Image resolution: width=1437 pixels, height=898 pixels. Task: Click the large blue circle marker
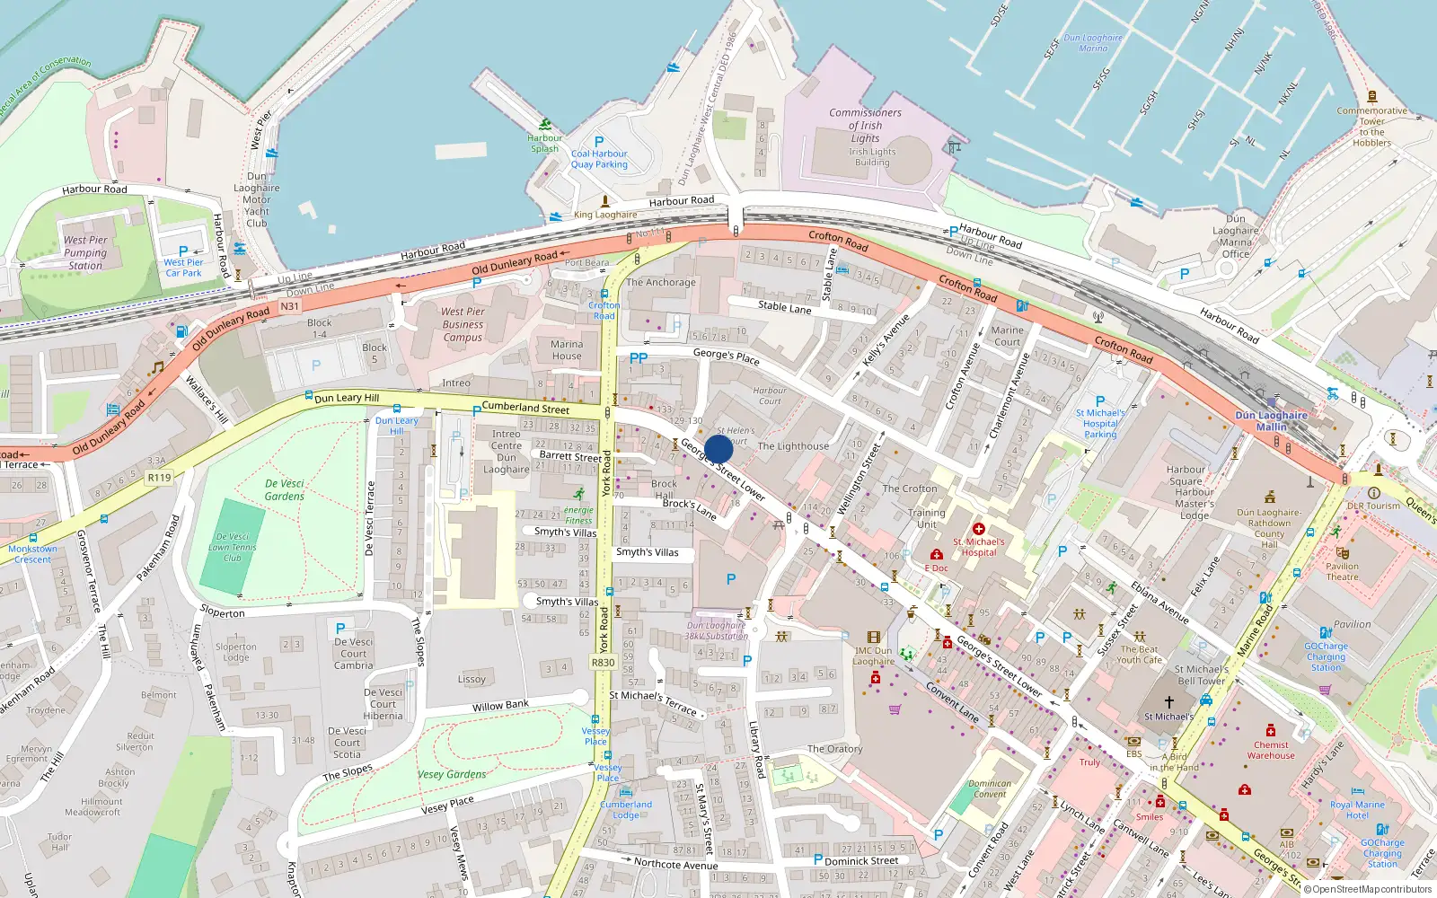pos(718,449)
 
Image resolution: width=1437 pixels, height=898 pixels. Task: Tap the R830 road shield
pos(603,663)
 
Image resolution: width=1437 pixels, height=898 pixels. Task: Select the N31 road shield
pos(289,306)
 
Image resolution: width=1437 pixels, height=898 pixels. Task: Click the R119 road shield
pos(159,478)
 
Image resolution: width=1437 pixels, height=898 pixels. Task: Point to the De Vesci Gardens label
pos(285,489)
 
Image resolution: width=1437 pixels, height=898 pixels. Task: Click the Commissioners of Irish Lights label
pos(865,126)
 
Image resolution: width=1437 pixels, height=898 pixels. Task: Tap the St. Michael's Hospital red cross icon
pos(979,529)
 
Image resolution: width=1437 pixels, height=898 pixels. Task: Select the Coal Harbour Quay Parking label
pos(599,159)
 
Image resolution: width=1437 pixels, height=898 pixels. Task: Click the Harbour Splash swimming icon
pos(545,124)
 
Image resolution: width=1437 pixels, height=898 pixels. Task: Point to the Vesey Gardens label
pos(452,774)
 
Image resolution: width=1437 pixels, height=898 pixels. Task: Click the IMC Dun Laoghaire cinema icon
pos(873,638)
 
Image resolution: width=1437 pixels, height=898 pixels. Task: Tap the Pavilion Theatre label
pos(1342,571)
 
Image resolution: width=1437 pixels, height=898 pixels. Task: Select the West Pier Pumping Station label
pos(85,252)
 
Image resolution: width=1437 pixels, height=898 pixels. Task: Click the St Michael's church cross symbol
pos(1168,701)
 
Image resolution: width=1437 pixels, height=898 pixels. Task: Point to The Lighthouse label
pos(793,446)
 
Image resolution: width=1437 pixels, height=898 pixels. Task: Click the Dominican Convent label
pos(990,788)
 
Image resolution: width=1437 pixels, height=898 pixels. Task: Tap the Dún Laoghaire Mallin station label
pos(1271,420)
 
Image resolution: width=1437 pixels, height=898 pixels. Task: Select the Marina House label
pos(567,350)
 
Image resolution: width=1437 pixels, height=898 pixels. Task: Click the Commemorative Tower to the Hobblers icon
pos(1371,96)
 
